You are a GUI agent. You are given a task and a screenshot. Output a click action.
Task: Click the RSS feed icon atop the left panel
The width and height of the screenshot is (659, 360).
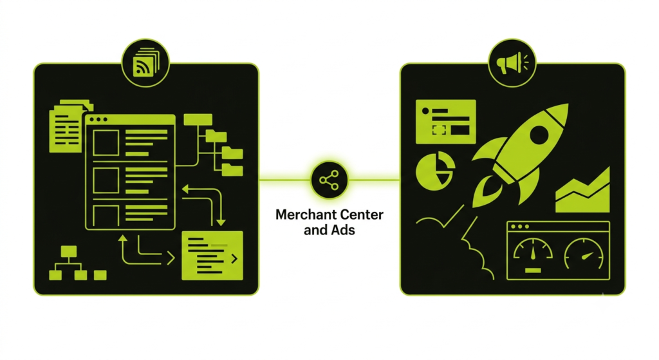point(145,63)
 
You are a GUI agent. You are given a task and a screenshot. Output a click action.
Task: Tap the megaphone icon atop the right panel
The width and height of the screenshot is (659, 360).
point(512,63)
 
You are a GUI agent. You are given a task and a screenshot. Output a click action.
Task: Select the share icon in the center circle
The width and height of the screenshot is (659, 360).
point(329,180)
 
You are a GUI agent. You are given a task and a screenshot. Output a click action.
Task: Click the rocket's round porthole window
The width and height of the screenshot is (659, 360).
point(539,135)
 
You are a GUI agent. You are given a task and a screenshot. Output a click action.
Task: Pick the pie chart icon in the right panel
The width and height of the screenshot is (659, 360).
point(435,171)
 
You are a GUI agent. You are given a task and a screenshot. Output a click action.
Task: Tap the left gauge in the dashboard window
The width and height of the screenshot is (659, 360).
point(533,255)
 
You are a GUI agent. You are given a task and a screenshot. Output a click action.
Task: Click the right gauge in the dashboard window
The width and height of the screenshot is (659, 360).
point(584,254)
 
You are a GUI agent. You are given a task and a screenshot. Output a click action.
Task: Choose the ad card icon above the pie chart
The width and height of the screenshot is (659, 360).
point(445,122)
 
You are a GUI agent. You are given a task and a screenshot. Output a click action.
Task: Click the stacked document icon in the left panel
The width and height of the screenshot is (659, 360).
point(67,126)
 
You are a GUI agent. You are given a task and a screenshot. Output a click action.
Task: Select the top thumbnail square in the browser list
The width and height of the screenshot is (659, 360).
point(106,143)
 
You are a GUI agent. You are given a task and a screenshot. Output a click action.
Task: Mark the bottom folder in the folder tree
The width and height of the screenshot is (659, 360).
point(232,169)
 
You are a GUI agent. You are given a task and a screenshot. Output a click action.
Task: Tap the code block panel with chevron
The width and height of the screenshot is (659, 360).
point(212,256)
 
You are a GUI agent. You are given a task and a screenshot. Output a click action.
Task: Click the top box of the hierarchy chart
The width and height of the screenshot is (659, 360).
point(68,252)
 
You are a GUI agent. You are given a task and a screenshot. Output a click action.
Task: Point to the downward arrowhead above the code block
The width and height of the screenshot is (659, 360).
point(221,222)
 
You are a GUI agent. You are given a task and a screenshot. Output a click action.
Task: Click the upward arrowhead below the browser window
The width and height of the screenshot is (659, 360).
point(123,238)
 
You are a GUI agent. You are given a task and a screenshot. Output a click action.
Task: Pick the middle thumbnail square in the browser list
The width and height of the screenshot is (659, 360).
point(106,180)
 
